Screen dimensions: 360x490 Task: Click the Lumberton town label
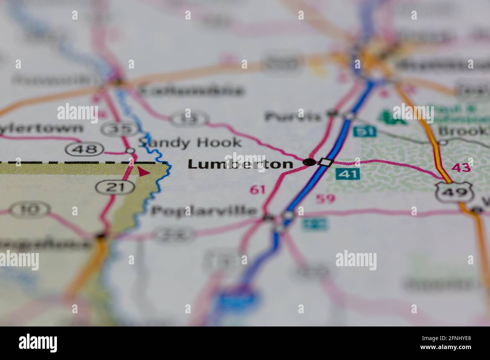(240, 164)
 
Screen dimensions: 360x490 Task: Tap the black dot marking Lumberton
(309, 162)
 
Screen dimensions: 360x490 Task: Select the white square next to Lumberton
(326, 162)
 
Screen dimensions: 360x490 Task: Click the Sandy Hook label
(189, 142)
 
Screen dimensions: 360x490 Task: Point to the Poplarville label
(204, 211)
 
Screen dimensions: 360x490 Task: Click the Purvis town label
(292, 116)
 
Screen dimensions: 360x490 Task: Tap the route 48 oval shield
(84, 149)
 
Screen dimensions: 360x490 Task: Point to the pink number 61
(258, 189)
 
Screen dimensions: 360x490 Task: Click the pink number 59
(325, 198)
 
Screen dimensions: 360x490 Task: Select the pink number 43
(461, 167)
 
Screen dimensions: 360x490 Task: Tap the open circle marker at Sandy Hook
(130, 151)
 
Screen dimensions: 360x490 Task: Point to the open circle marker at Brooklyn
(443, 142)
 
